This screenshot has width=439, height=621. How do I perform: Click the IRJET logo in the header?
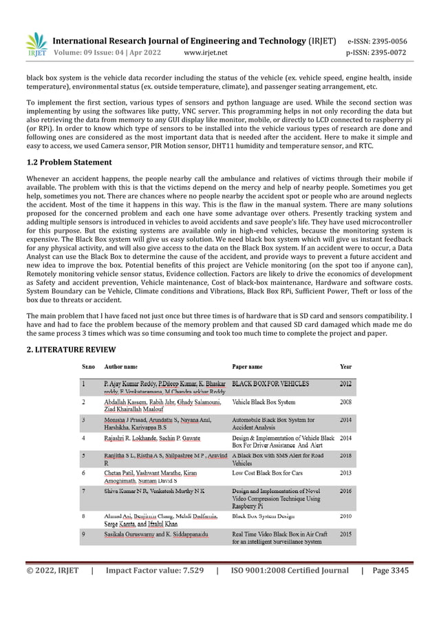36,45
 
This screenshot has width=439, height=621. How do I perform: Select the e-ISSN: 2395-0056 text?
377,41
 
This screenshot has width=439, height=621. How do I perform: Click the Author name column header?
120,367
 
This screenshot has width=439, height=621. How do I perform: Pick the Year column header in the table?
345,367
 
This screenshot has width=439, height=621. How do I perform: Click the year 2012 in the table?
345,383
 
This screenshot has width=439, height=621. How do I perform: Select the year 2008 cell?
345,401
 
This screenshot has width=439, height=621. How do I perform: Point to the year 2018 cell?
345,455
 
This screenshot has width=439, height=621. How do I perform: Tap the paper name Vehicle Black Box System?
265,401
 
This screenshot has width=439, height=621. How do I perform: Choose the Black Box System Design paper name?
264,515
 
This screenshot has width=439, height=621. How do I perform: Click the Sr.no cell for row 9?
84,533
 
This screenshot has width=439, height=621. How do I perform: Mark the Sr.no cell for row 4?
84,437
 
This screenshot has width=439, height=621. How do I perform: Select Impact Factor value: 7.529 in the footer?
154,571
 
